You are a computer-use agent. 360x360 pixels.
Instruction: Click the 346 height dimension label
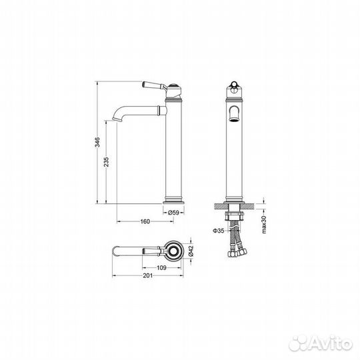click(x=97, y=142)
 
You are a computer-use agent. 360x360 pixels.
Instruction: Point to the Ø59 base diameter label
click(x=174, y=213)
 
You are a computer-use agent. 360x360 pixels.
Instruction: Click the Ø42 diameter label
click(x=190, y=251)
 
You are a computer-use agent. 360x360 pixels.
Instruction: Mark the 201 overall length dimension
click(x=146, y=278)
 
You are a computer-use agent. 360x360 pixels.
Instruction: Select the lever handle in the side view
click(x=153, y=85)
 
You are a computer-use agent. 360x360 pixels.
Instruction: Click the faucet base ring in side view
click(x=175, y=199)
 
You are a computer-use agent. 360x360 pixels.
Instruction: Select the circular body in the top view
click(x=174, y=251)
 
